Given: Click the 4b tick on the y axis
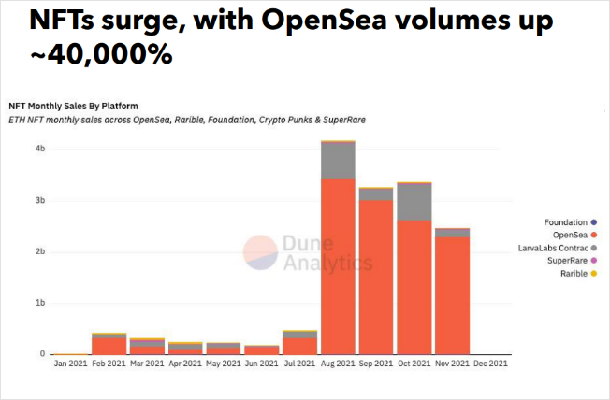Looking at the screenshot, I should (40, 149).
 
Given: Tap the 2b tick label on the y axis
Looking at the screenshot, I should (40, 252).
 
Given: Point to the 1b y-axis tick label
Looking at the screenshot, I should (40, 304).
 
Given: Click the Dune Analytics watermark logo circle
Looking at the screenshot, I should (260, 252).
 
